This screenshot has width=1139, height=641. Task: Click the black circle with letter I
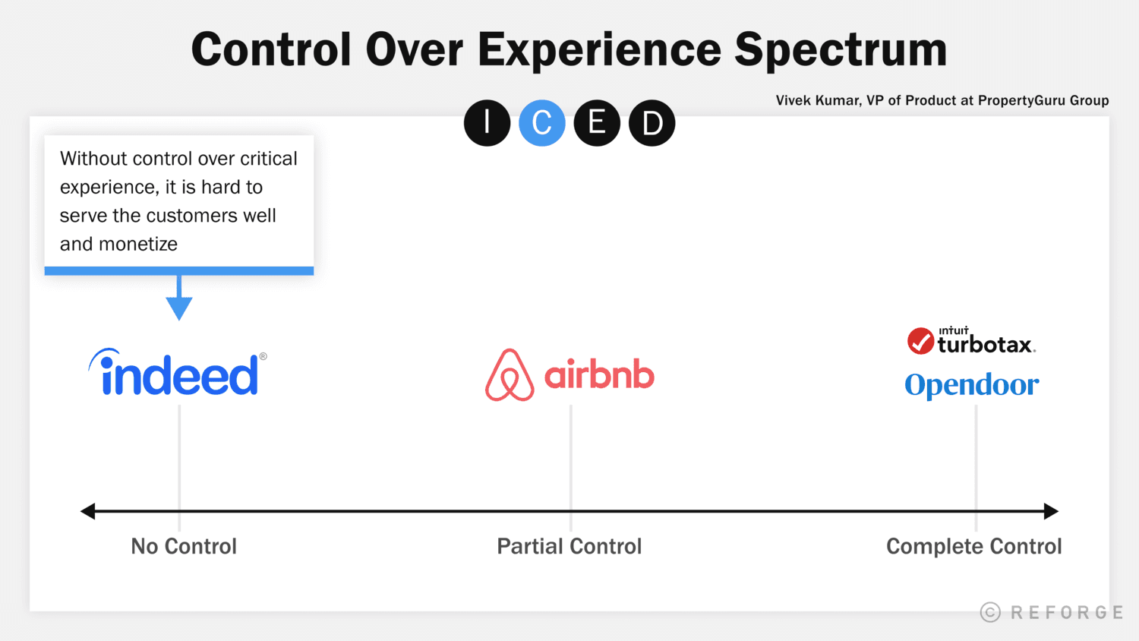point(487,123)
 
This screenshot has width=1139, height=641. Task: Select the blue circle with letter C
point(542,123)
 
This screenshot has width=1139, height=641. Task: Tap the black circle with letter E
point(597,123)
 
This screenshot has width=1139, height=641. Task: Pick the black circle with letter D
point(652,123)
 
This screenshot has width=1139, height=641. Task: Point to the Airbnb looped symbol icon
point(510,375)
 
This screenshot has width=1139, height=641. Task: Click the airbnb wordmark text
point(599,375)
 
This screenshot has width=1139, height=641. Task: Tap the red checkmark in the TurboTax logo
point(920,342)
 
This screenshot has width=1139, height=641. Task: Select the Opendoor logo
point(971,385)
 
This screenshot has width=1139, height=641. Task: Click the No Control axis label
point(184,546)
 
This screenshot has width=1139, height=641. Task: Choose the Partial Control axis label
point(569,546)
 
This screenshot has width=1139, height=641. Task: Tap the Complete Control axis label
point(973,546)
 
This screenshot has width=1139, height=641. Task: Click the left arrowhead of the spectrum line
point(88,511)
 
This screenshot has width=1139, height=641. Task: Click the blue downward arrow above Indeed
point(179,304)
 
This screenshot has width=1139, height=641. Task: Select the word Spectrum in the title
point(841,50)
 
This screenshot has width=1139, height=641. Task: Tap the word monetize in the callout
point(140,244)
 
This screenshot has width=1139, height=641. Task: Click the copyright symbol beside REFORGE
point(990,612)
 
